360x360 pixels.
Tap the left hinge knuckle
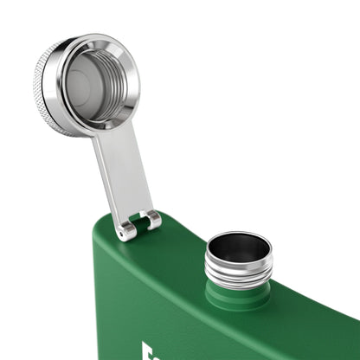(x=127, y=228)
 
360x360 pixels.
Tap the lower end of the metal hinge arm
(x=138, y=212)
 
